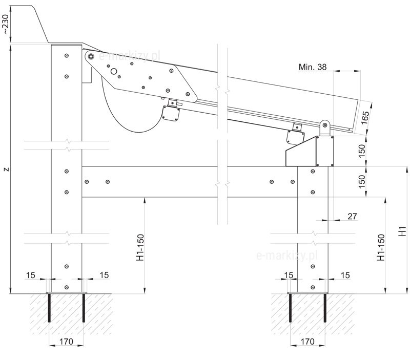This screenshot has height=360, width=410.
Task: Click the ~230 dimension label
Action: [6, 24]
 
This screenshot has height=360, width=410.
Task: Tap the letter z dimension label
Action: [6, 168]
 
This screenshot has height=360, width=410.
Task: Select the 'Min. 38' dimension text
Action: [312, 67]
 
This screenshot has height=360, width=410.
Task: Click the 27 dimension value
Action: [352, 217]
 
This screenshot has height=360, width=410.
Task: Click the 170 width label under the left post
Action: [66, 341]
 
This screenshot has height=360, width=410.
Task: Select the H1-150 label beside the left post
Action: [139, 248]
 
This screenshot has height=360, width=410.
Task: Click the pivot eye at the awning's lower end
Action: [324, 124]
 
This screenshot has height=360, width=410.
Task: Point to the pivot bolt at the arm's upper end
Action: [91, 56]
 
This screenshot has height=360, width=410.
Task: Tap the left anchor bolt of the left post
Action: [49, 307]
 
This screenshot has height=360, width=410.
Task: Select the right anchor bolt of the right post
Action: [324, 307]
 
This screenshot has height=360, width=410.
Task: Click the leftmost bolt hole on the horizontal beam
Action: [87, 181]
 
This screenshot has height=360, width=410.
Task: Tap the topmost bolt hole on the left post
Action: [67, 55]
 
